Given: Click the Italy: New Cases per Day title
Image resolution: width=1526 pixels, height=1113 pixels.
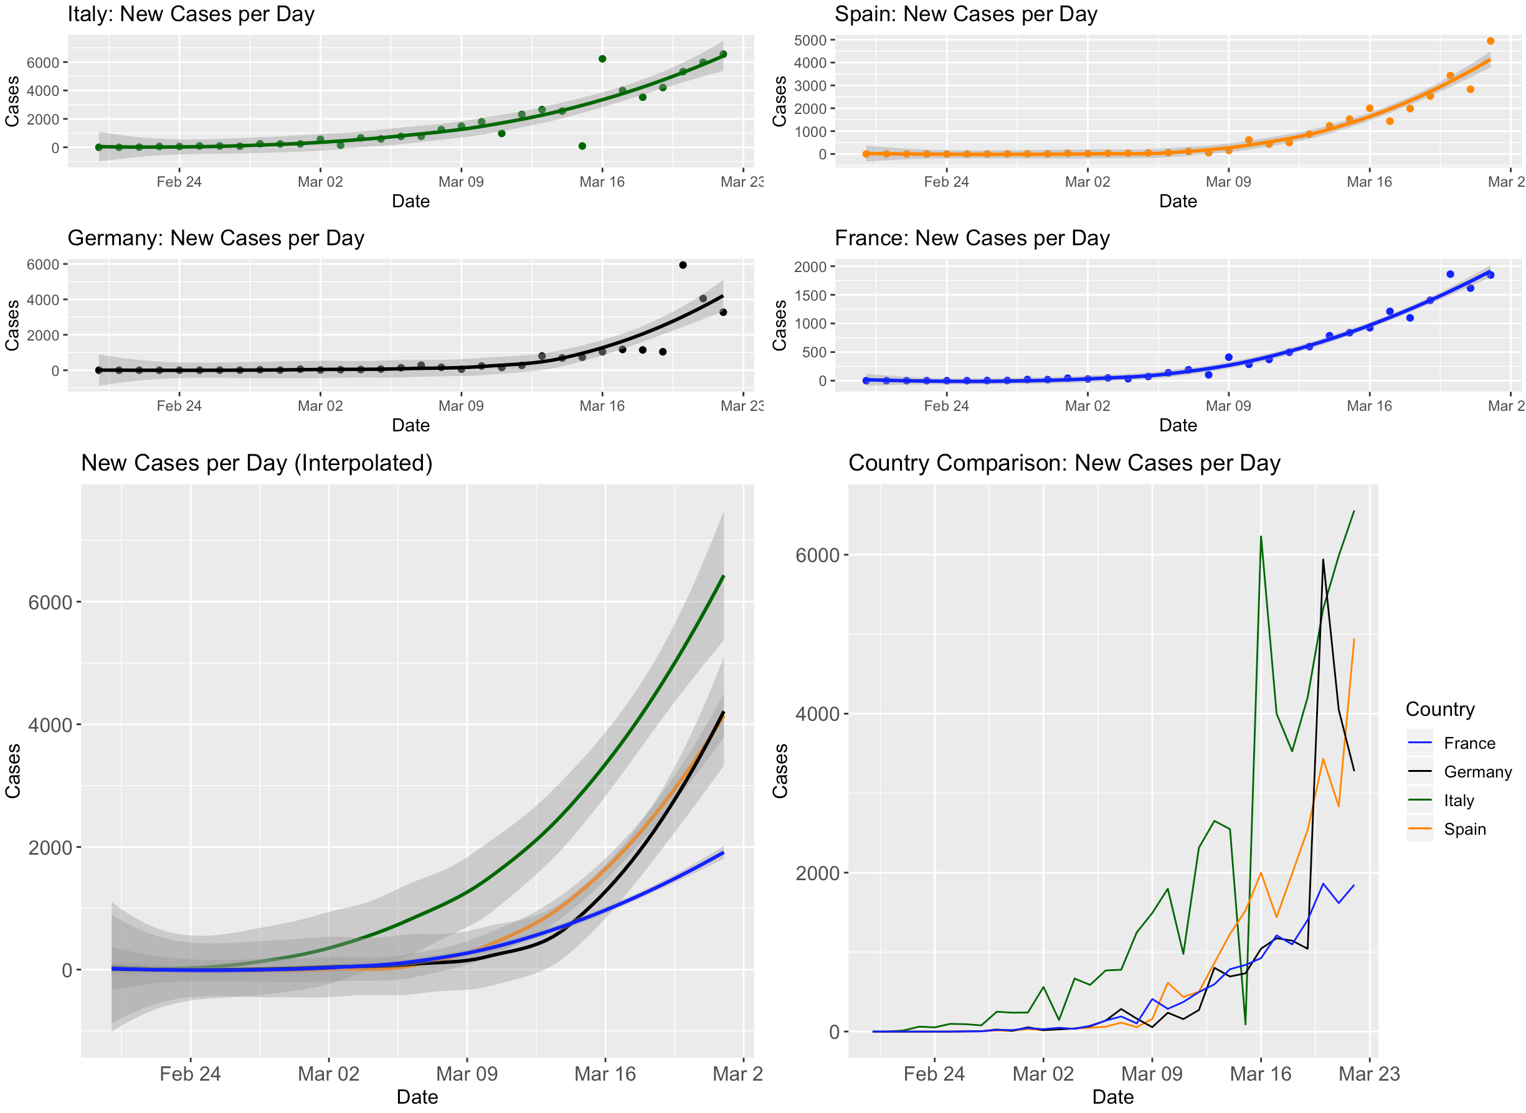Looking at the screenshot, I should click(x=191, y=14).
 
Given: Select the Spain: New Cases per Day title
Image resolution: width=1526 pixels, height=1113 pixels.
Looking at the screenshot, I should click(x=965, y=14).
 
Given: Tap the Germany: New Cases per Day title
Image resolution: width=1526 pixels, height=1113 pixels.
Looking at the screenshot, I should click(x=216, y=238).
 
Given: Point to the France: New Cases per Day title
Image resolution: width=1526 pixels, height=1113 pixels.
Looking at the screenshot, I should click(x=971, y=238).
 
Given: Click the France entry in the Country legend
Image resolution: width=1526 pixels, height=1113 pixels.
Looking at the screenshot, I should click(x=1469, y=743).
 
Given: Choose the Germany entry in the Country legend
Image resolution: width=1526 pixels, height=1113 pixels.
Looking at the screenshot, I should click(x=1477, y=771).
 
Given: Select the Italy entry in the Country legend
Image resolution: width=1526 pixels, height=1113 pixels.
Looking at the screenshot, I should click(x=1458, y=801).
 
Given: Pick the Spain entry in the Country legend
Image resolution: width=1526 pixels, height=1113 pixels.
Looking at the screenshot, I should click(x=1464, y=829).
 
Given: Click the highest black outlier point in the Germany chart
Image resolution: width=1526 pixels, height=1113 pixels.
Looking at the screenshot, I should click(x=683, y=265).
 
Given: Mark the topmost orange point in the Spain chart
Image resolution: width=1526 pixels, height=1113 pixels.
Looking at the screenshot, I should click(x=1490, y=41).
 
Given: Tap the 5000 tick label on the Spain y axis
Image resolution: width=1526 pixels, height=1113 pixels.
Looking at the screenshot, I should click(x=810, y=40).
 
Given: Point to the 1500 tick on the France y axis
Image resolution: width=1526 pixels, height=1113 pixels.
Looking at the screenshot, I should click(x=810, y=295).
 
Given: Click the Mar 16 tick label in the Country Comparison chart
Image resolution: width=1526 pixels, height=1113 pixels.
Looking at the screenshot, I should click(x=1260, y=1074).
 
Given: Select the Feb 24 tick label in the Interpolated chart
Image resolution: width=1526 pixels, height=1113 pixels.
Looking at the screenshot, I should click(x=190, y=1074).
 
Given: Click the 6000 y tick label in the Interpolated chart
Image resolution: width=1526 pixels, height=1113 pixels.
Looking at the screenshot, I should click(x=50, y=603).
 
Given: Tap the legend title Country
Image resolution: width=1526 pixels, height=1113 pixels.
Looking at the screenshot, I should click(x=1439, y=709).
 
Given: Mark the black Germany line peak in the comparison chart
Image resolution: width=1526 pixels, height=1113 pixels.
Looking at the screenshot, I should click(x=1322, y=559).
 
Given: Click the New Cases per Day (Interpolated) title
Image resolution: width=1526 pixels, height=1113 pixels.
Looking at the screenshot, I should click(x=256, y=463).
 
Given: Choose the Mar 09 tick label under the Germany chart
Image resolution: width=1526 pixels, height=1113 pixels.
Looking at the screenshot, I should click(x=461, y=406).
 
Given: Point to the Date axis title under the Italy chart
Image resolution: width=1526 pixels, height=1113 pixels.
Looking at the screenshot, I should click(x=410, y=201).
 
